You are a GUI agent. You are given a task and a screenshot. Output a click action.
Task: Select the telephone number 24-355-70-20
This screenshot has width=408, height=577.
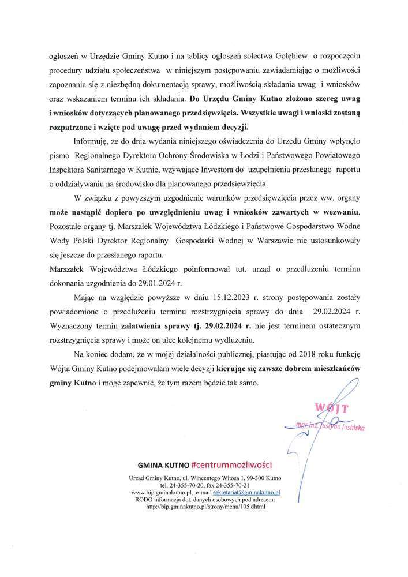click(182, 486)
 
